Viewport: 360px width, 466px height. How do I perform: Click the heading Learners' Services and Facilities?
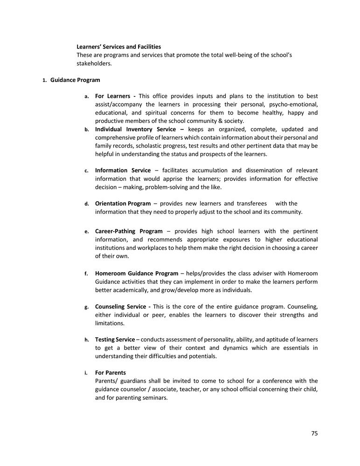118,47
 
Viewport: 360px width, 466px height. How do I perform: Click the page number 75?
314,433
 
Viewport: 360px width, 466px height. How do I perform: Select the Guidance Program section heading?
75,80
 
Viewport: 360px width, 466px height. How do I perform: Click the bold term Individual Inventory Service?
135,129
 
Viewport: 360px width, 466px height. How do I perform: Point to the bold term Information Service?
123,171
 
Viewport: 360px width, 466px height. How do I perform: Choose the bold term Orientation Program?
123,204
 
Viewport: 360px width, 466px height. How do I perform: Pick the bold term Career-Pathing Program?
129,231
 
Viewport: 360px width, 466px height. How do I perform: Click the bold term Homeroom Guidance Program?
136,274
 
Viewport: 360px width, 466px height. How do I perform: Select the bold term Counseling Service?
120,307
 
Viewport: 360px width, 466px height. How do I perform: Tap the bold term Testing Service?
115,340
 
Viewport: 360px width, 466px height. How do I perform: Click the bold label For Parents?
110,373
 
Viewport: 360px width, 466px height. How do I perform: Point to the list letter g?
86,307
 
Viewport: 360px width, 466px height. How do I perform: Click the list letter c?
86,171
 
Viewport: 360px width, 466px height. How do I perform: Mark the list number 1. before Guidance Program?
44,81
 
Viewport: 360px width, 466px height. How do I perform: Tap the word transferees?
251,204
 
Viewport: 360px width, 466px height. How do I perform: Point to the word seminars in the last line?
155,397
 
